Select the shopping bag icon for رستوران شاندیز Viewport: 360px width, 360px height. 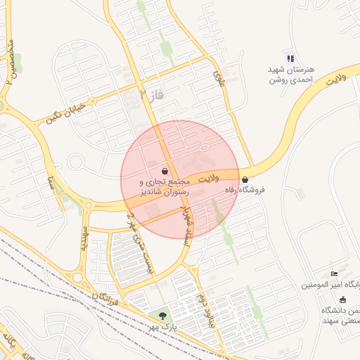[165, 171]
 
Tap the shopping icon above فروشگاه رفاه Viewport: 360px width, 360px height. [245, 180]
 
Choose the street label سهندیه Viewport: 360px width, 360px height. [84, 239]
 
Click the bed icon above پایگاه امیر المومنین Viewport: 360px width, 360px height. [335, 274]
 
